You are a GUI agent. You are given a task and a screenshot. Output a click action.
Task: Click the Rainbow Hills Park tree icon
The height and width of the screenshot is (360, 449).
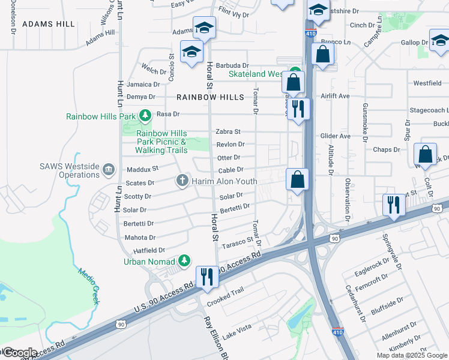pos(144,115)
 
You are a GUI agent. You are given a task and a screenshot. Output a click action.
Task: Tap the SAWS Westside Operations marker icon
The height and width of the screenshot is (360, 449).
pos(108,170)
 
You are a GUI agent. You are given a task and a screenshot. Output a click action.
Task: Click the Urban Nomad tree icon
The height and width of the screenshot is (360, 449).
pos(185,260)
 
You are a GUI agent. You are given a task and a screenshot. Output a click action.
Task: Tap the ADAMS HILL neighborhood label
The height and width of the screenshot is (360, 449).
pos(49,24)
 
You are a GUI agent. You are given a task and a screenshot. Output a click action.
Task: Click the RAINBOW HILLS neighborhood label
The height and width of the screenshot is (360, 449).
pos(210,97)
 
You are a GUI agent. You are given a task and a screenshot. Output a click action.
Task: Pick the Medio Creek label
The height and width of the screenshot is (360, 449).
pos(88,285)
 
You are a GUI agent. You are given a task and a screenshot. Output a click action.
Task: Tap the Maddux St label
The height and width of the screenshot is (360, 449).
pos(142,169)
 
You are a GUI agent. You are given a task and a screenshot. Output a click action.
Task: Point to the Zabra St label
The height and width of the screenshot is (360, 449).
pos(228,131)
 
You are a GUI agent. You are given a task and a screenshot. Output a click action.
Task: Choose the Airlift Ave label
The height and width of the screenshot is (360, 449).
pos(335,96)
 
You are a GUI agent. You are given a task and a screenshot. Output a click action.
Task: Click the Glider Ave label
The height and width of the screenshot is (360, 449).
pos(337,136)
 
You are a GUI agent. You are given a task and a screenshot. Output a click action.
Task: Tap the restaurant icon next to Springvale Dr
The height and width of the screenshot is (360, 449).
pos(394,205)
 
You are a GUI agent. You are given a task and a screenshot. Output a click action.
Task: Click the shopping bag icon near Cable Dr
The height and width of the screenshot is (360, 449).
pos(297,179)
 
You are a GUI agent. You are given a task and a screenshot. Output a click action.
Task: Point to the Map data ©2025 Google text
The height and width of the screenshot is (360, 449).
pos(411,355)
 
